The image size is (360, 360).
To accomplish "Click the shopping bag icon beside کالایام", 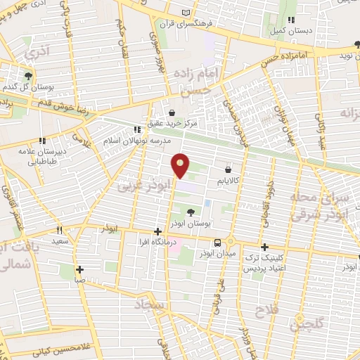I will pos(228,169).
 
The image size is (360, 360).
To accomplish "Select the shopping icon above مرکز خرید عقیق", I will pos(173,112).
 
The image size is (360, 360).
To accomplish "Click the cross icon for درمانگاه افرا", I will pos(157,231).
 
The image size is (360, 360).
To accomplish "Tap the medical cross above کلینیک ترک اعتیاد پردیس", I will pos(264,247).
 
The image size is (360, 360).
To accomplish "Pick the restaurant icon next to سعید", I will pos(60,230).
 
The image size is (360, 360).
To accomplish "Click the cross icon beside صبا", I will pos(80,269).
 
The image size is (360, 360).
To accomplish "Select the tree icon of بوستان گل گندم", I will pos(27,75).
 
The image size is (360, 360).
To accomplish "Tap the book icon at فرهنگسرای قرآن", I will pos(186,13).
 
